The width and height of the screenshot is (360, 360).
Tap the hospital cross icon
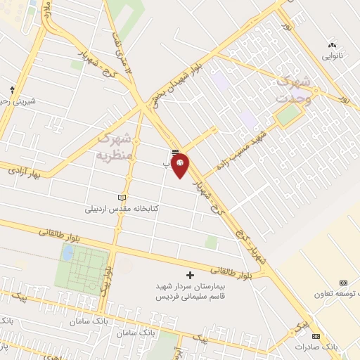click(x=188, y=274)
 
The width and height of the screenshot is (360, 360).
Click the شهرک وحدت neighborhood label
click(x=292, y=91)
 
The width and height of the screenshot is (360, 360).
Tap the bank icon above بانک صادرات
click(x=316, y=336)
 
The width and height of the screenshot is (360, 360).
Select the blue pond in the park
click(x=67, y=253)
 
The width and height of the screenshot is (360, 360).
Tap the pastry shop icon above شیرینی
click(x=12, y=89)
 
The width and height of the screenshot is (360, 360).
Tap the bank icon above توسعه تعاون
click(x=343, y=282)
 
